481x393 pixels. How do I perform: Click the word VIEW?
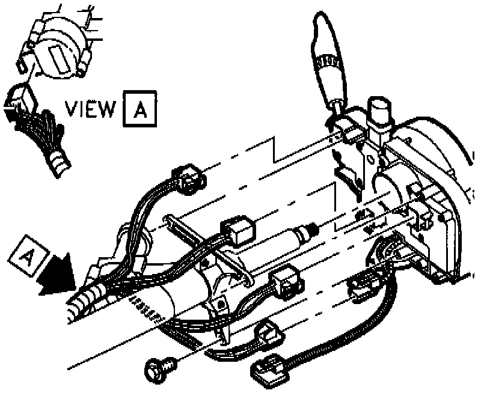[x=90, y=109]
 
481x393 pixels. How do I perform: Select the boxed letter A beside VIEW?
[x=139, y=109]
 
